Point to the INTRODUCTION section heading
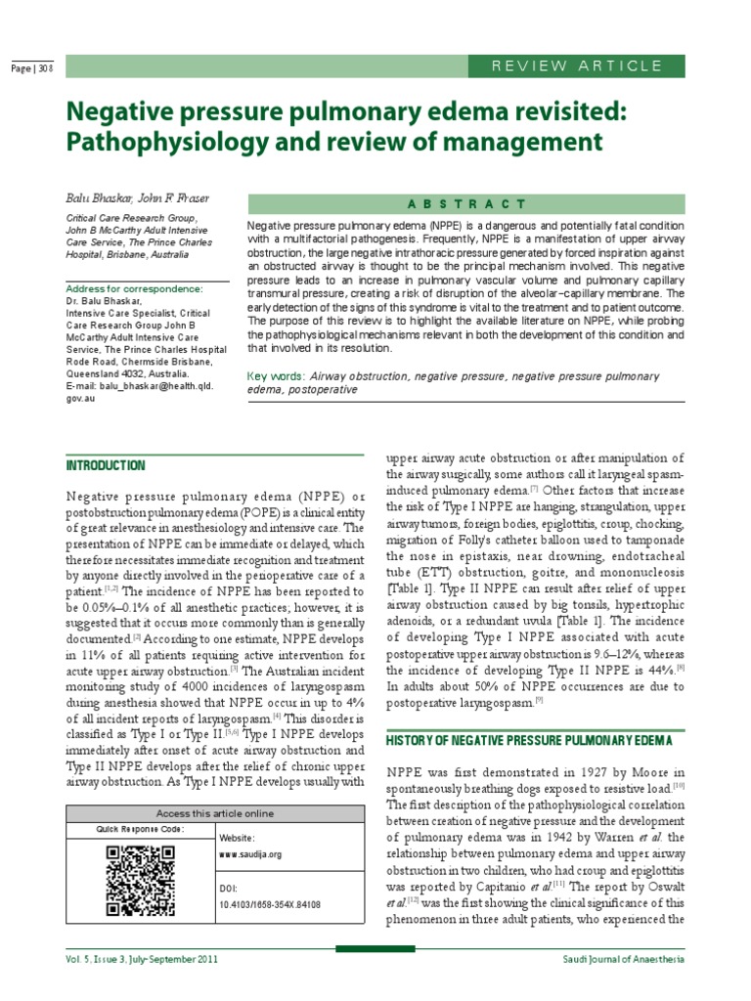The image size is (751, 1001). click(x=106, y=465)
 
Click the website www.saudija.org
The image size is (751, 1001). click(x=250, y=853)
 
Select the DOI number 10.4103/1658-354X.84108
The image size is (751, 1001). click(x=269, y=905)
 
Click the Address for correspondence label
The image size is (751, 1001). click(x=134, y=289)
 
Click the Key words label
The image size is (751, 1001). click(x=277, y=375)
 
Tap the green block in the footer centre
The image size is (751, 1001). click(x=375, y=948)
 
